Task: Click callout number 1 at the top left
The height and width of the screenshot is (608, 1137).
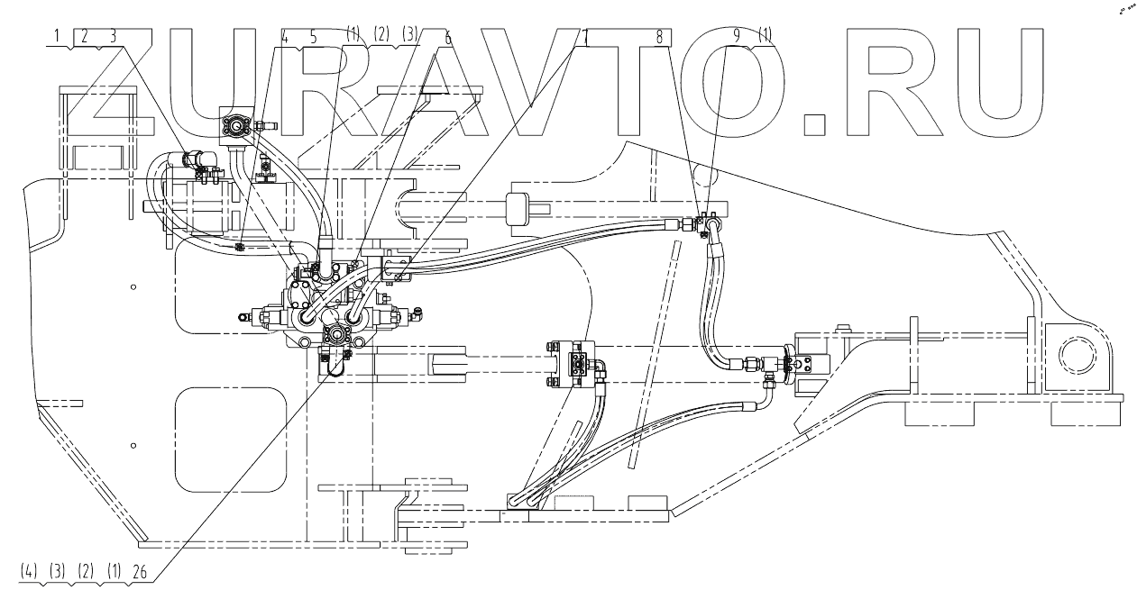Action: pyautogui.click(x=57, y=36)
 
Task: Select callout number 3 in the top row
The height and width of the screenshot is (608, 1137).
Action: pyautogui.click(x=113, y=36)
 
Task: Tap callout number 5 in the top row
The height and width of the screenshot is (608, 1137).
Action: pyautogui.click(x=314, y=37)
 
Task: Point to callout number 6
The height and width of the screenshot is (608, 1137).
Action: pyautogui.click(x=447, y=38)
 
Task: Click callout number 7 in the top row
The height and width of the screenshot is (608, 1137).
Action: pyautogui.click(x=586, y=37)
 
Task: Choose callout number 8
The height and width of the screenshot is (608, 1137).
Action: pyautogui.click(x=660, y=37)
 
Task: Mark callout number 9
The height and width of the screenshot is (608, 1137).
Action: pyautogui.click(x=737, y=37)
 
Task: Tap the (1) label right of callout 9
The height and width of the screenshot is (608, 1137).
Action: pyautogui.click(x=766, y=37)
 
